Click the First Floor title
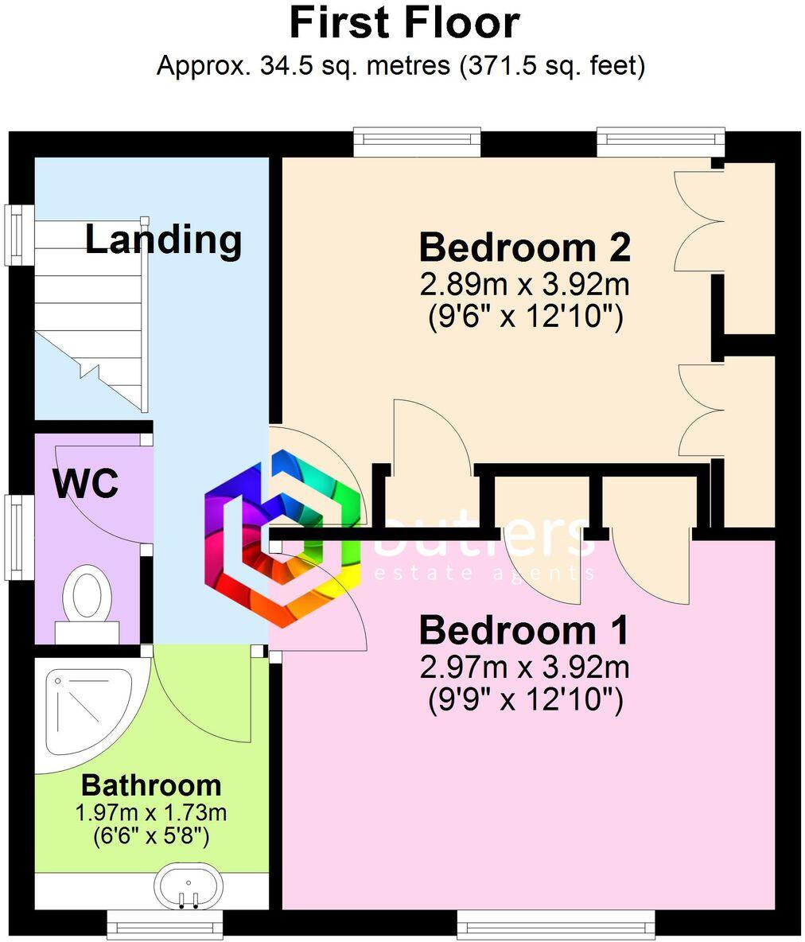403,23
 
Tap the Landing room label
163,239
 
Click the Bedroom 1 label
524,630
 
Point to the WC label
86,483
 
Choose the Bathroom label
151,785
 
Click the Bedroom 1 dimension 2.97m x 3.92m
524,667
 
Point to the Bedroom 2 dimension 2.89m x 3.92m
524,284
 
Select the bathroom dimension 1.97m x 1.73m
151,813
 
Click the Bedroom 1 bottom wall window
556,925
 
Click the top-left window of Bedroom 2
418,142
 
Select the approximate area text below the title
400,65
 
